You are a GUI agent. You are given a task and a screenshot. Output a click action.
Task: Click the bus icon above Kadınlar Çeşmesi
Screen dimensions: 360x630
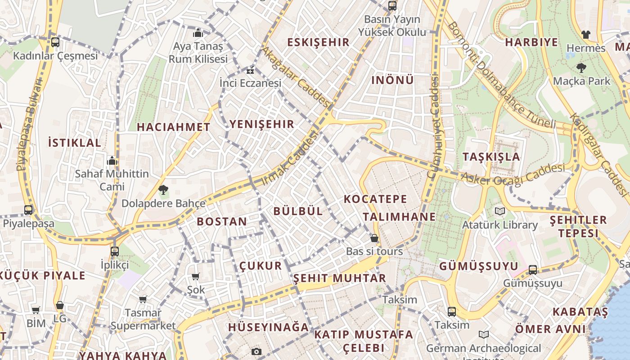coord(55,42)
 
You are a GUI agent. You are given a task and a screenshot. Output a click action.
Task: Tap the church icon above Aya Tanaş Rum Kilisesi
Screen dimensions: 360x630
coord(198,33)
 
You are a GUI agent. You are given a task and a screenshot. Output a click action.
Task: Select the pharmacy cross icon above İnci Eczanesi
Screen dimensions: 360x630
coord(250,71)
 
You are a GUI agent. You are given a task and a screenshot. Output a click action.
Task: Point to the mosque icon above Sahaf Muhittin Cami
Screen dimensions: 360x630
coord(112,161)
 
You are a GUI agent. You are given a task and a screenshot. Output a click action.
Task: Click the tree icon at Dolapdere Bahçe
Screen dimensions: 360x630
coord(163,189)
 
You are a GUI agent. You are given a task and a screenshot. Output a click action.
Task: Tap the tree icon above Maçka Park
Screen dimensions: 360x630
coord(581,68)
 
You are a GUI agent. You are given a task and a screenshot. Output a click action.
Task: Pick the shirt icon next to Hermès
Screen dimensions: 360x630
coord(585,34)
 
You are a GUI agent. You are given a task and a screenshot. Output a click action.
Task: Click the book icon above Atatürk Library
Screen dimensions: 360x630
coord(499,211)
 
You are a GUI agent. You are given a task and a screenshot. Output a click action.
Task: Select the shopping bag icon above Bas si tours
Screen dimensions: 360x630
coord(374,238)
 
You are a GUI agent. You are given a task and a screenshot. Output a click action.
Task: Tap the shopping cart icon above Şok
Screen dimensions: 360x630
coord(195,276)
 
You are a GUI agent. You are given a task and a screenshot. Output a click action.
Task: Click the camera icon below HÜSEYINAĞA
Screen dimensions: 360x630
coord(256,351)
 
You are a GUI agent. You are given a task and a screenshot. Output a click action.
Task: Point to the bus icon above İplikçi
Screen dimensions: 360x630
coord(115,251)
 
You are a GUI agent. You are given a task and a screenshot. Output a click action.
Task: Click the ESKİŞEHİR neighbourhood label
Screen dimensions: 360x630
coord(319,42)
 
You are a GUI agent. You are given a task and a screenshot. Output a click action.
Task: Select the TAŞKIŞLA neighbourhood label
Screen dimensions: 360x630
coord(491,157)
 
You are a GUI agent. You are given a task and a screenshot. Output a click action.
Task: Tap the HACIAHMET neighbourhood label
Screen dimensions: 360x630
coord(174,127)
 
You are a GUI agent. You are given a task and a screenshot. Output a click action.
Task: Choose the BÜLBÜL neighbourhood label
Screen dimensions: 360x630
coord(298,211)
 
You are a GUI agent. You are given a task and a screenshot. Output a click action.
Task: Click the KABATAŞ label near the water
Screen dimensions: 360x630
coord(580,312)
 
